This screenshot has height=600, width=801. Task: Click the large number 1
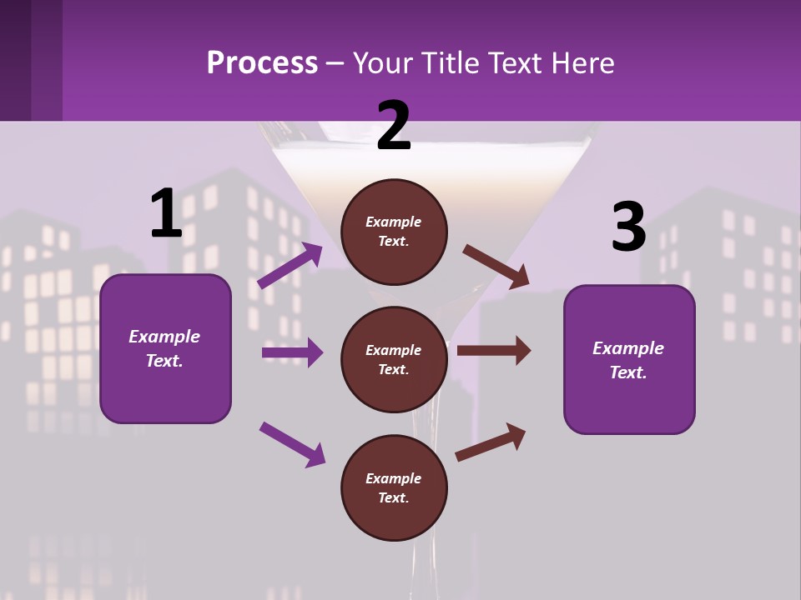click(166, 213)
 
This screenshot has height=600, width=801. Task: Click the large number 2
click(394, 127)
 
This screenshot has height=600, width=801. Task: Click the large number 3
click(628, 227)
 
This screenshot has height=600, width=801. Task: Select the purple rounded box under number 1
click(165, 348)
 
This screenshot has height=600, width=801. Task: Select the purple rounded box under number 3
click(629, 359)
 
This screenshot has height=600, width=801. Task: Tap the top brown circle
click(394, 232)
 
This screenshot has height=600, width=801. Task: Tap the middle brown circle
click(394, 359)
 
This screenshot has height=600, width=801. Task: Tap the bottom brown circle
click(394, 487)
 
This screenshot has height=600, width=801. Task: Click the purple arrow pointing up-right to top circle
click(290, 266)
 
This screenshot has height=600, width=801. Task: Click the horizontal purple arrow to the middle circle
click(292, 352)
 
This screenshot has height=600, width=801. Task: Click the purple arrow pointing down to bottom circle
click(292, 443)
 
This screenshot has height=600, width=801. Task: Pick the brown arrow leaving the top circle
click(496, 266)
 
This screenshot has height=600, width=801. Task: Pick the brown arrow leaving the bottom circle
click(491, 442)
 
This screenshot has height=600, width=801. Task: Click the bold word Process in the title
click(262, 62)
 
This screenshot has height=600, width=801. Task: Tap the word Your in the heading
click(382, 63)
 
